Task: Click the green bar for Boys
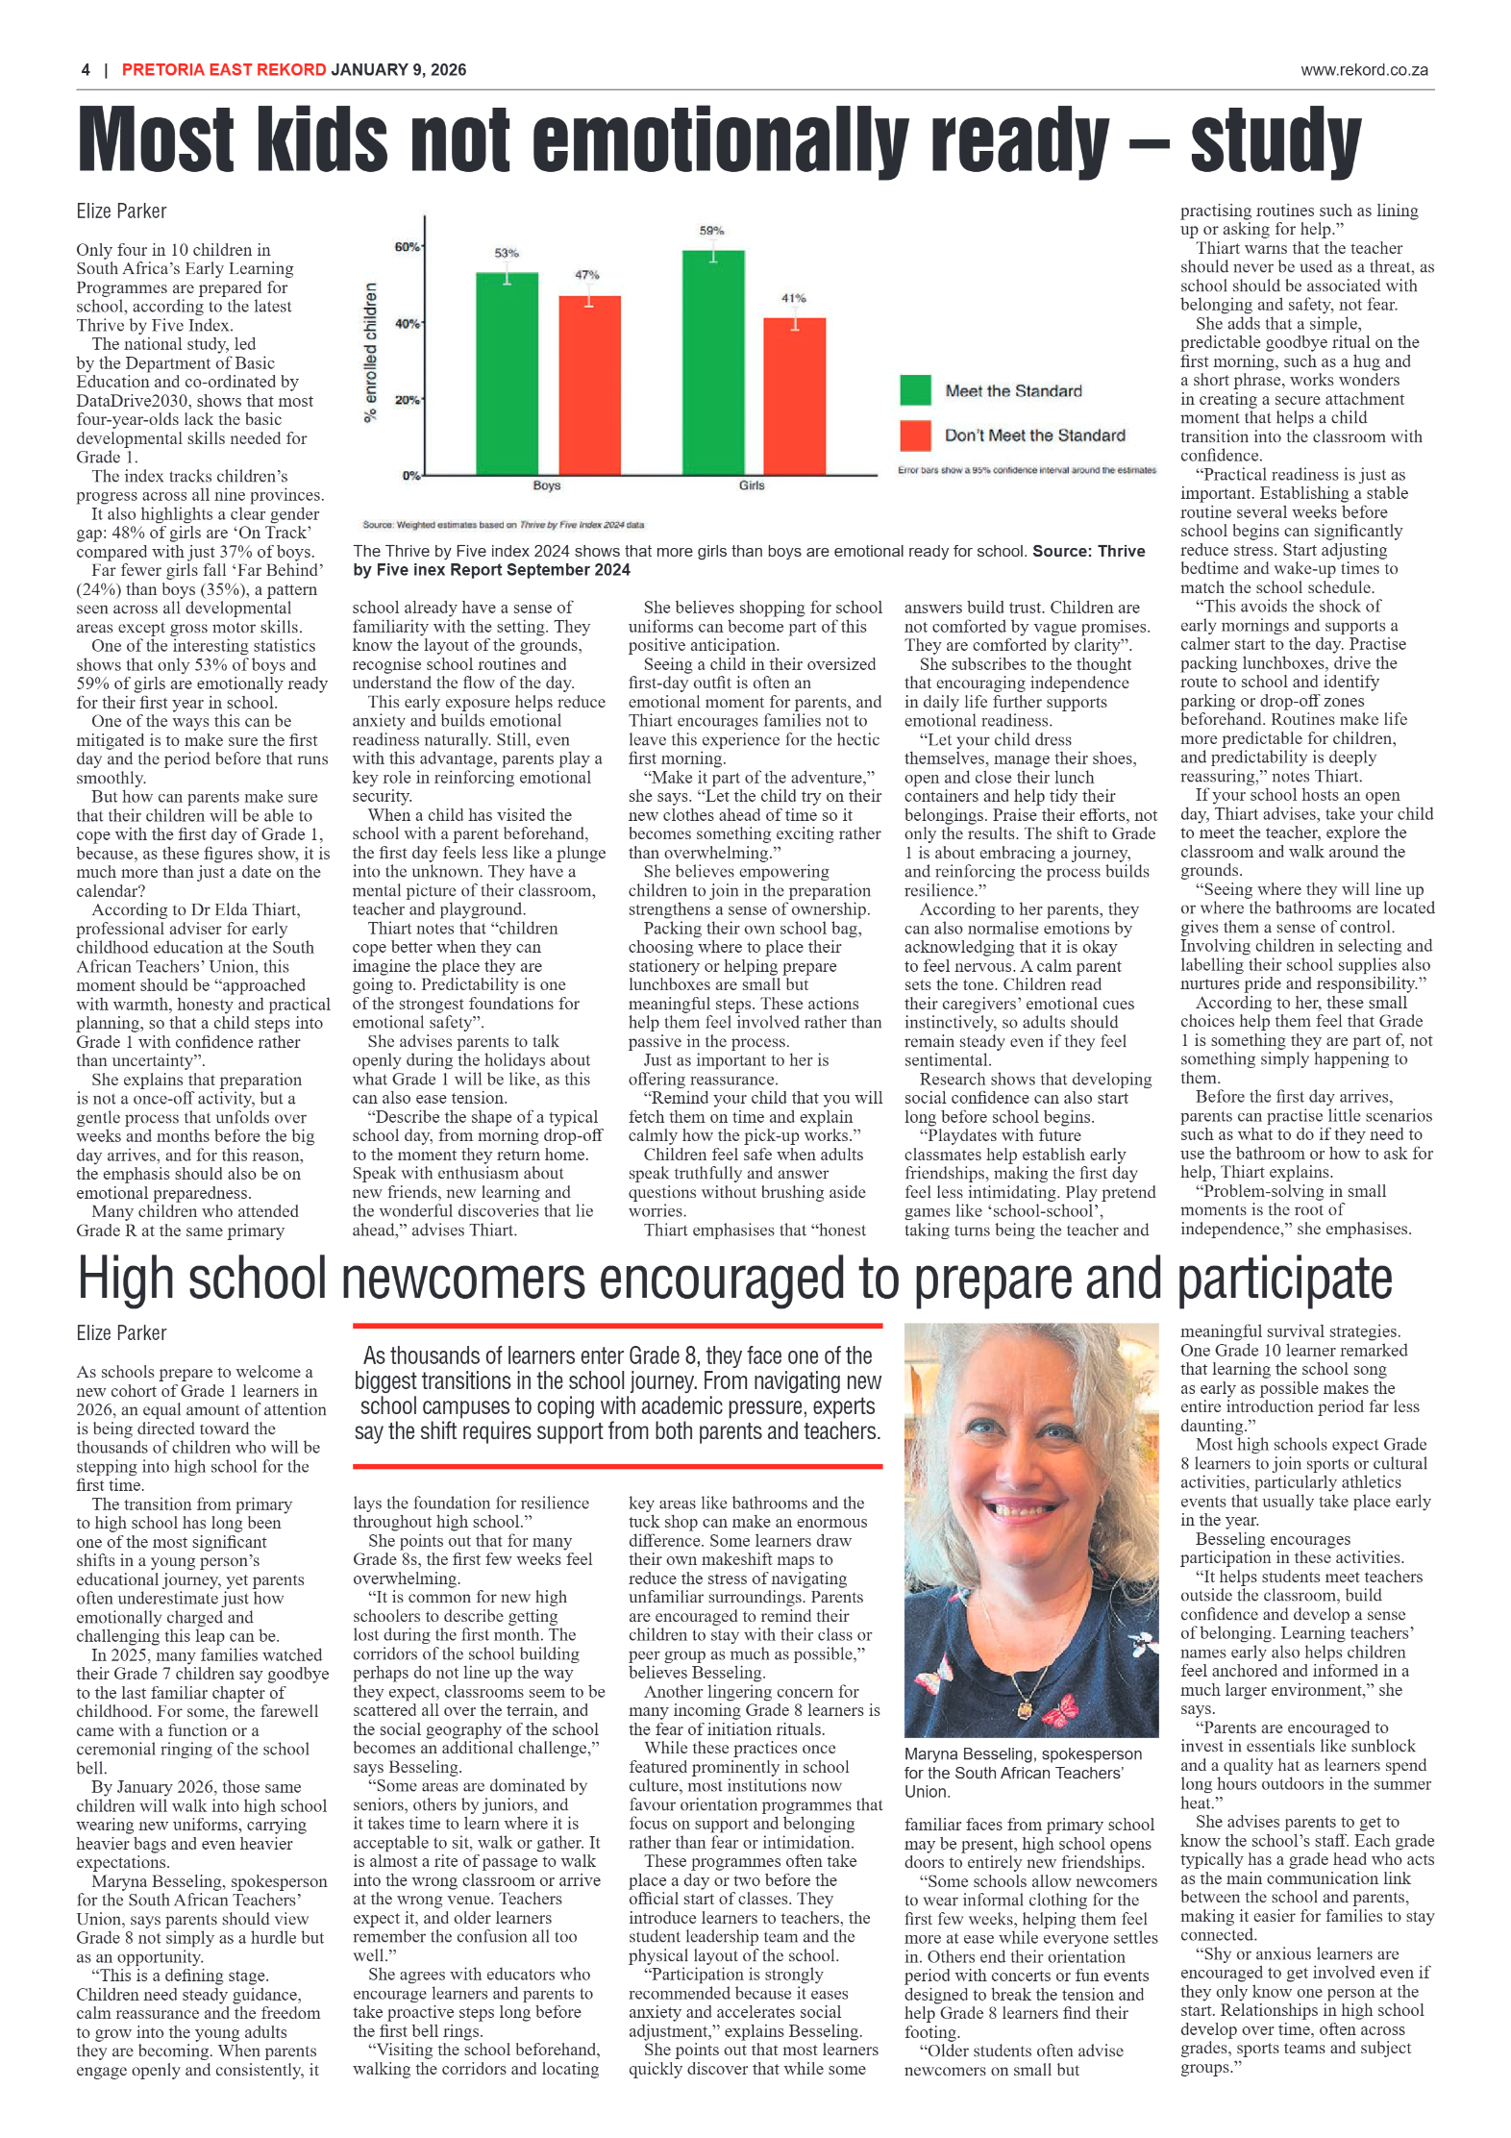pyautogui.click(x=507, y=375)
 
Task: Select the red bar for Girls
pyautogui.click(x=794, y=396)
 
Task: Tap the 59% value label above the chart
pyautogui.click(x=711, y=231)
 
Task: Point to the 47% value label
pyautogui.click(x=587, y=275)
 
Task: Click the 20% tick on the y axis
pyautogui.click(x=407, y=400)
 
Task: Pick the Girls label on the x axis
pyautogui.click(x=752, y=485)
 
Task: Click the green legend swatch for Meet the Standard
pyautogui.click(x=915, y=390)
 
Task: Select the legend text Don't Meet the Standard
pyautogui.click(x=1034, y=435)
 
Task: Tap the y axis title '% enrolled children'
pyautogui.click(x=370, y=353)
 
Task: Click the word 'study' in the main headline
pyautogui.click(x=1276, y=141)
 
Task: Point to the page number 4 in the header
pyautogui.click(x=86, y=70)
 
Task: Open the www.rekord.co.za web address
pyautogui.click(x=1363, y=70)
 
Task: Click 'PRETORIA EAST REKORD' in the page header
pyautogui.click(x=224, y=70)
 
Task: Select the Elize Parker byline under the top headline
pyautogui.click(x=121, y=211)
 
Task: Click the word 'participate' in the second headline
pyautogui.click(x=1284, y=1280)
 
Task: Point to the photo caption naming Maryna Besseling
pyautogui.click(x=1023, y=1773)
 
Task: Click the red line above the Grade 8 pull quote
pyautogui.click(x=617, y=1326)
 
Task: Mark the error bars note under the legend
pyautogui.click(x=1027, y=470)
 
